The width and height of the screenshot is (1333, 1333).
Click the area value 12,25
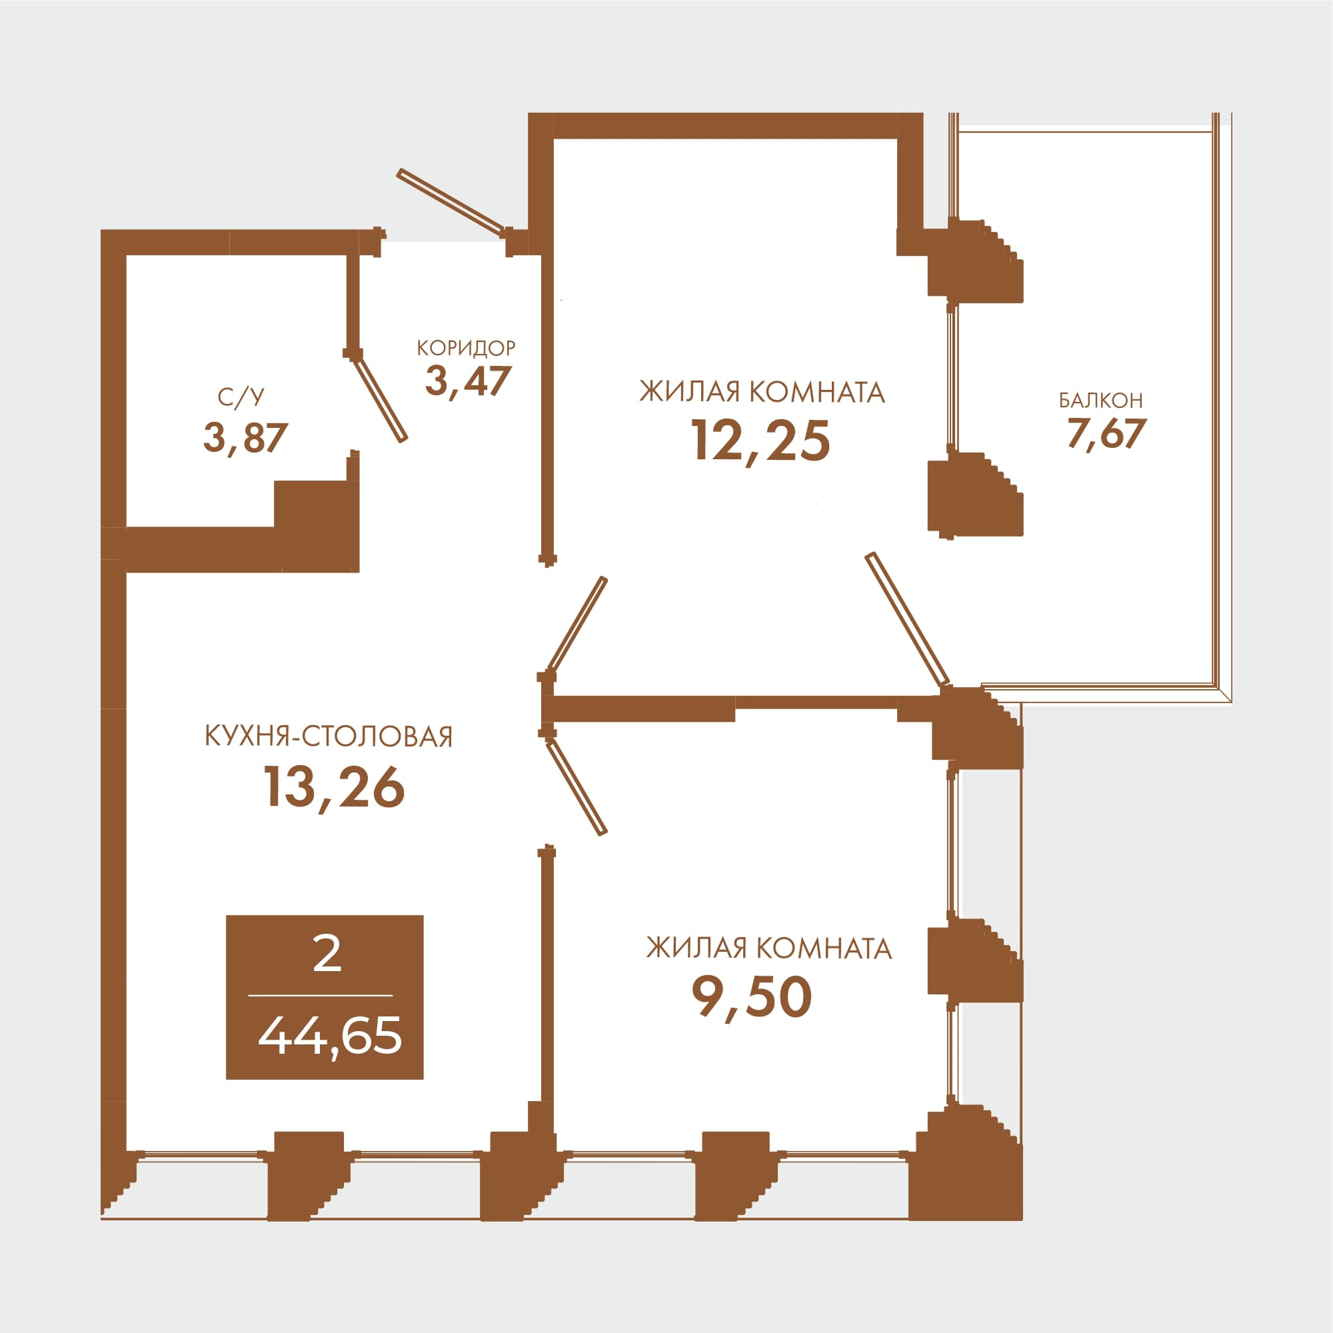[760, 443]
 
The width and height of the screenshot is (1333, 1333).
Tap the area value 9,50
[752, 998]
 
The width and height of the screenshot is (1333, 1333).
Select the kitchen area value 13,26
[334, 788]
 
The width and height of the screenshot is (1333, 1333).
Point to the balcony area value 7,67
[1106, 434]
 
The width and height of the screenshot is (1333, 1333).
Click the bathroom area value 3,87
[245, 437]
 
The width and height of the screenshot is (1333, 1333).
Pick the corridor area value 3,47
[468, 381]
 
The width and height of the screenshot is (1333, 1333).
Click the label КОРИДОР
[467, 348]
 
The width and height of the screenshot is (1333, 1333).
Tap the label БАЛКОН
[1101, 400]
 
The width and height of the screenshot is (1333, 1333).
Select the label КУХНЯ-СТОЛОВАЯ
[329, 737]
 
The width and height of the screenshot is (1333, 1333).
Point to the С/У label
[241, 397]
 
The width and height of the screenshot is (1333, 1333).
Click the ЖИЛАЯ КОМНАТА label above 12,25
[762, 392]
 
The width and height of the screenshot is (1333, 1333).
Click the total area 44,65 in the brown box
[330, 1036]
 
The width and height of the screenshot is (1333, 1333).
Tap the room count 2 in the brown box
[327, 955]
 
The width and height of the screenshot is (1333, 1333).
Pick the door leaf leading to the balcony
[907, 620]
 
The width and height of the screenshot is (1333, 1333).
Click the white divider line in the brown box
[320, 996]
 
